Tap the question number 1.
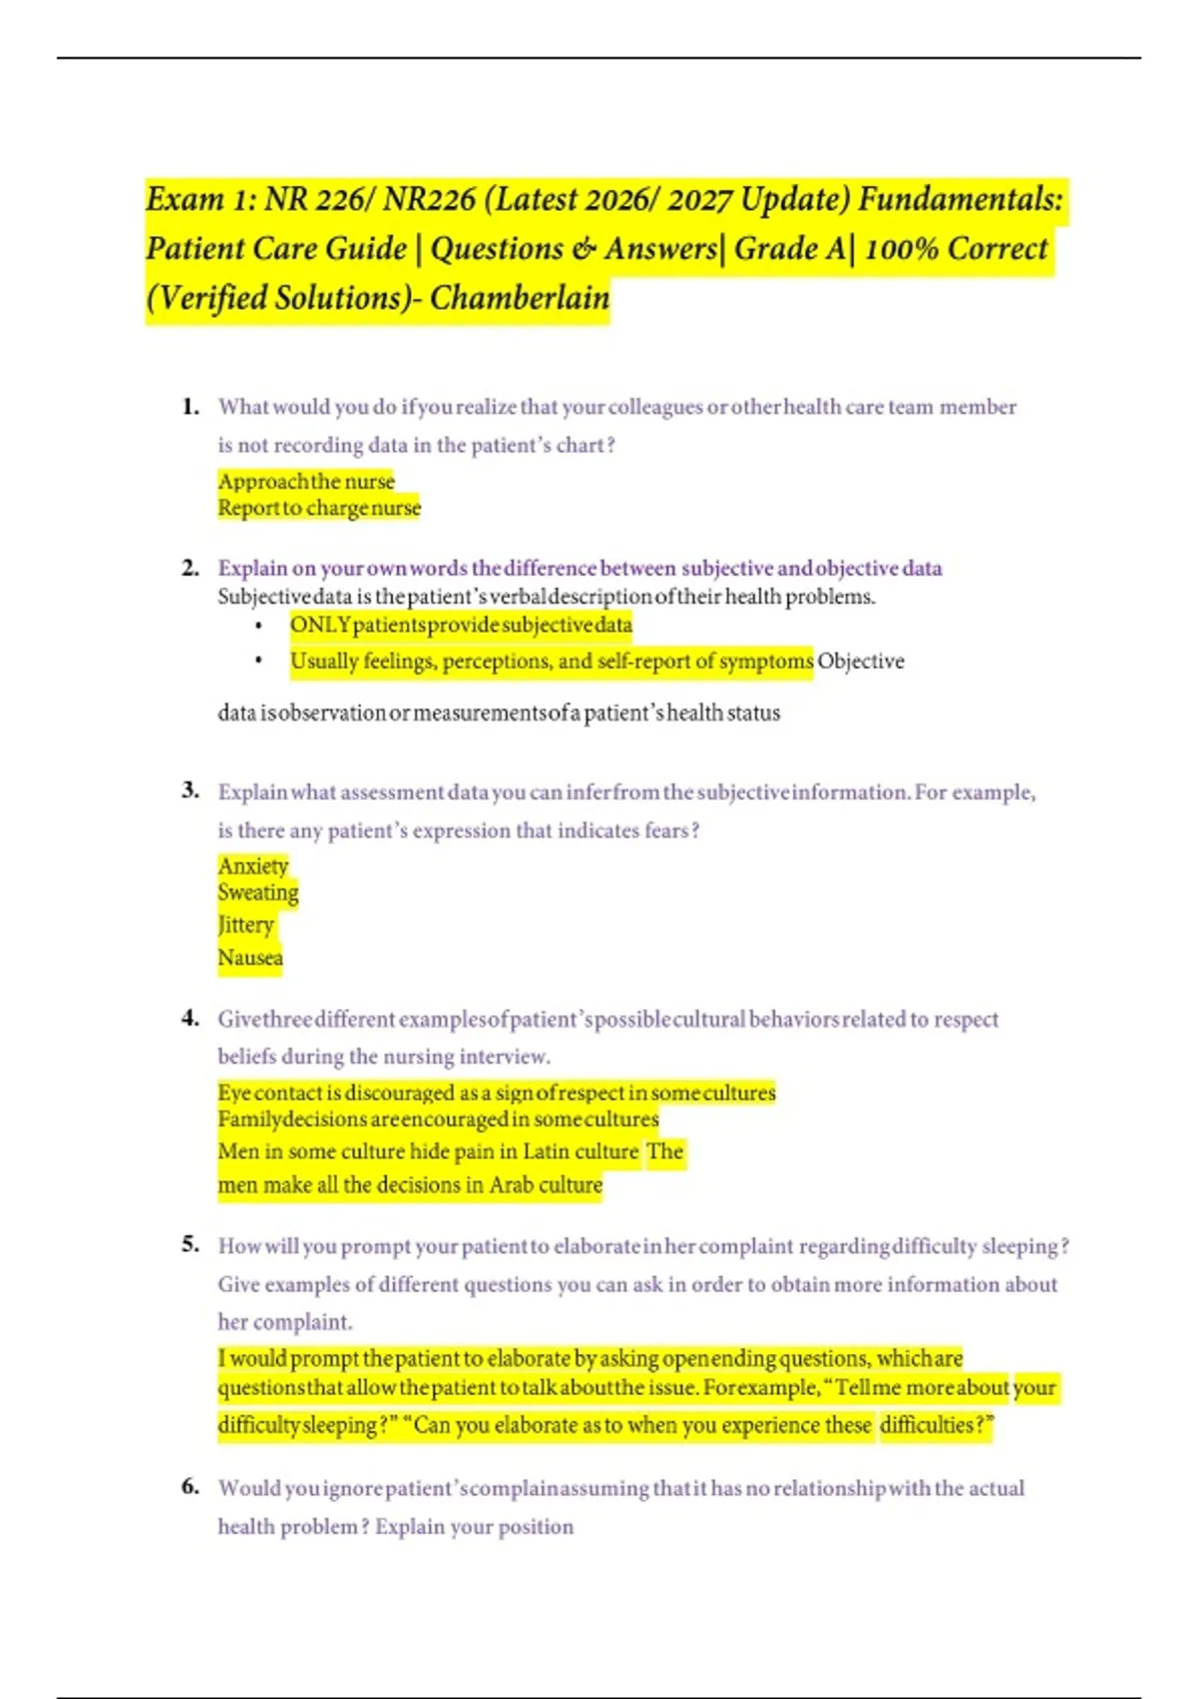[190, 406]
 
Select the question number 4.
[190, 1018]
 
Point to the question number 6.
[190, 1487]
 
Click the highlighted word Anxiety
[253, 865]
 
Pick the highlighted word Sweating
[258, 892]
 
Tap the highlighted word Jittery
[246, 925]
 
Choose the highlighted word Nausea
[250, 957]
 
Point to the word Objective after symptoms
[860, 661]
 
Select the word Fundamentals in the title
[960, 199]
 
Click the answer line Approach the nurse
[306, 481]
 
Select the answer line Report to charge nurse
[319, 508]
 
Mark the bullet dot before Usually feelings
[259, 661]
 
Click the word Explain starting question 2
[252, 568]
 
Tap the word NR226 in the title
[430, 199]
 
